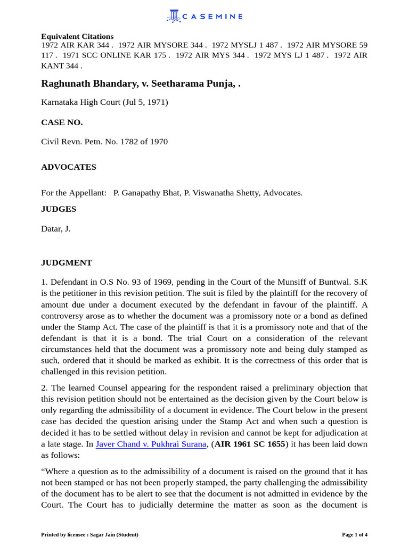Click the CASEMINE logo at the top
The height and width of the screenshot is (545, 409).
pyautogui.click(x=204, y=16)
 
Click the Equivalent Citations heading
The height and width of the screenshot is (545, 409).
pyautogui.click(x=77, y=36)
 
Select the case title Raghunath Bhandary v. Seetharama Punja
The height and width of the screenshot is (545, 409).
pyautogui.click(x=141, y=84)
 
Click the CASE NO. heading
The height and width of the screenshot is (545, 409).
pyautogui.click(x=62, y=122)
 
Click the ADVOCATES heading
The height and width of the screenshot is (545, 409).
pyautogui.click(x=69, y=167)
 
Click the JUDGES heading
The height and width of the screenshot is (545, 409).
pyautogui.click(x=59, y=209)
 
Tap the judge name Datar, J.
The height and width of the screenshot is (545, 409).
pyautogui.click(x=56, y=229)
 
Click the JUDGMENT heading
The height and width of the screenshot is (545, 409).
pyautogui.click(x=67, y=263)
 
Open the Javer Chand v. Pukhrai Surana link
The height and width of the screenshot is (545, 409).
pyautogui.click(x=151, y=444)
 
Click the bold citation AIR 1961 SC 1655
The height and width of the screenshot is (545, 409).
pyautogui.click(x=250, y=444)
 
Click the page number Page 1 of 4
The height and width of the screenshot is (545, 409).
pyautogui.click(x=354, y=534)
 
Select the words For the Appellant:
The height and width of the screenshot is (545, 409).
pyautogui.click(x=73, y=193)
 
